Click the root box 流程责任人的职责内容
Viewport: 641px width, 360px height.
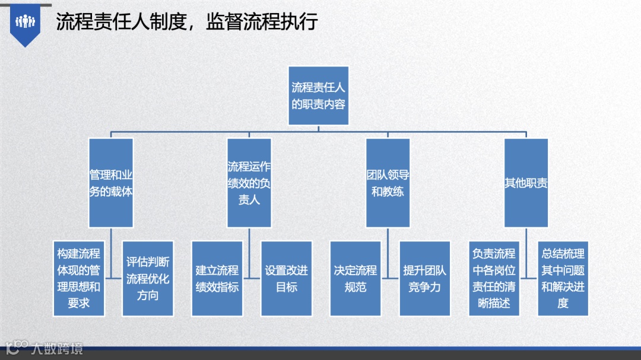point(318,95)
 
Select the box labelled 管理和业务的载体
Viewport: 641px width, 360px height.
point(111,183)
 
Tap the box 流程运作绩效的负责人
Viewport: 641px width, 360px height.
point(249,183)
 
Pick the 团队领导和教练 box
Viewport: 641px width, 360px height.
point(388,183)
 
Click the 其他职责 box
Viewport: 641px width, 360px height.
point(526,183)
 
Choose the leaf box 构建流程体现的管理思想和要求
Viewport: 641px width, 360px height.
point(78,278)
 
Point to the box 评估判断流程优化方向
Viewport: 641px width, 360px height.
point(148,278)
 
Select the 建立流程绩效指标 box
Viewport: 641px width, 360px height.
point(217,278)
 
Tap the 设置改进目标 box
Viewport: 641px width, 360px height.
point(287,278)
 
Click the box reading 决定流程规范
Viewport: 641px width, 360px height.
point(356,278)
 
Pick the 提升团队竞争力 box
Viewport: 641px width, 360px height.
point(425,278)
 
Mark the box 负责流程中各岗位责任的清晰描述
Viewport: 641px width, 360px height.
point(494,278)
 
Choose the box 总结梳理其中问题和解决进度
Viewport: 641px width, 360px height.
point(563,278)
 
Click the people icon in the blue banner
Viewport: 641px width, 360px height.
point(26,21)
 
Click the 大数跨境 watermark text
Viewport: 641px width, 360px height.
point(58,349)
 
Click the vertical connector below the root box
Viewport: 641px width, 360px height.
point(318,128)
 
